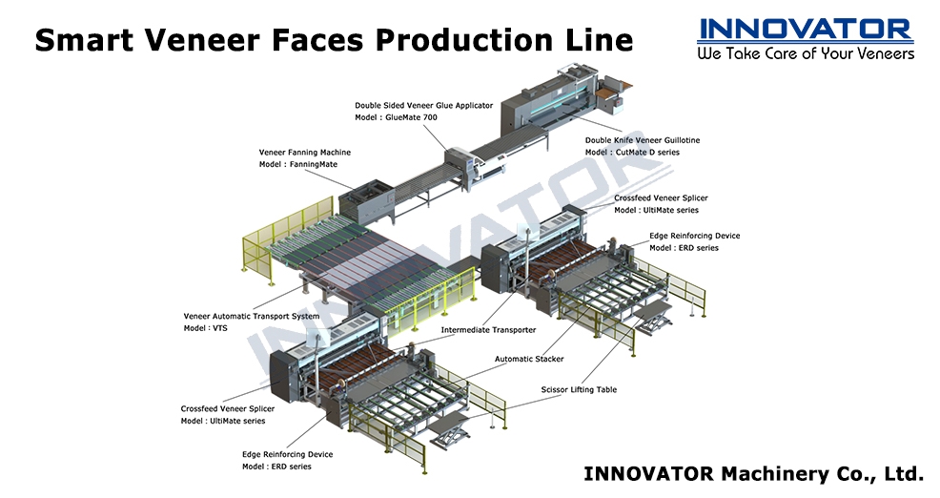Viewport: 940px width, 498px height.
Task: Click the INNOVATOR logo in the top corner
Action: pos(806,30)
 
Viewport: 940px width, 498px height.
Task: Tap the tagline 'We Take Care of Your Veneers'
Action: pos(806,53)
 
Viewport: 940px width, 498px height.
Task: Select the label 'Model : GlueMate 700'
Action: pos(396,117)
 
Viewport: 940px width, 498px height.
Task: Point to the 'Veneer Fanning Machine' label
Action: pos(304,153)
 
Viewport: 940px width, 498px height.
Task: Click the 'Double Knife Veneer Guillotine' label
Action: pos(643,140)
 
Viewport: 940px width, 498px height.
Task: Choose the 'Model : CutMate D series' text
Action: pos(632,153)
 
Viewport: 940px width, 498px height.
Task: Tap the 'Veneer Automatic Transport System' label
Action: pos(251,316)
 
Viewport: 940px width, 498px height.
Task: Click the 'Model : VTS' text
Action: pos(206,328)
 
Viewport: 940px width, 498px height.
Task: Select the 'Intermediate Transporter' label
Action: pos(488,330)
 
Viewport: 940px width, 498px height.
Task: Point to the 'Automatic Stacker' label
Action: pos(529,359)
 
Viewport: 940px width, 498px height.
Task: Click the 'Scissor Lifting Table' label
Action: pos(579,389)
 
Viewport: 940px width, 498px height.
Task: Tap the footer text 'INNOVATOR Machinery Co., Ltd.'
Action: pos(753,473)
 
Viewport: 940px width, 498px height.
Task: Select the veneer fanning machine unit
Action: pos(367,201)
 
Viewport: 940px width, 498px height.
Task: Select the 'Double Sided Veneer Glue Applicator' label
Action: pos(424,106)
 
